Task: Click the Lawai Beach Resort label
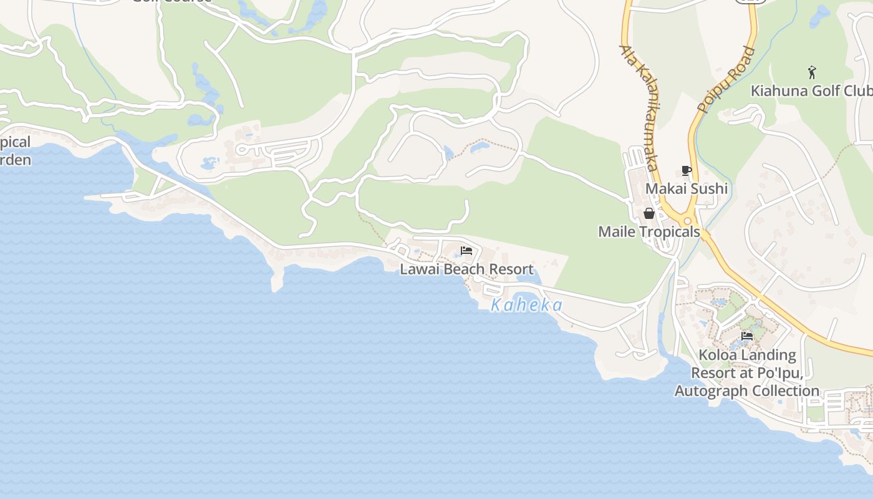tap(466, 269)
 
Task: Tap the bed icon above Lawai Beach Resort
tap(466, 251)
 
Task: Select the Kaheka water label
tap(527, 305)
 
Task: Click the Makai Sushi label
tap(687, 188)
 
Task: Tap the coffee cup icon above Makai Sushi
tap(687, 170)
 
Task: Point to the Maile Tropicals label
tap(649, 231)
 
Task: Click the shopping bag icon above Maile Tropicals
tap(649, 213)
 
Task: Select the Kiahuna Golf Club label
tap(811, 90)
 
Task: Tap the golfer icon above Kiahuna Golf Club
tap(812, 72)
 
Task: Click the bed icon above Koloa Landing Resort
tap(747, 336)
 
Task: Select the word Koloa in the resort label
tap(717, 355)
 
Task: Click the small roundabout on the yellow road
tap(688, 221)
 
